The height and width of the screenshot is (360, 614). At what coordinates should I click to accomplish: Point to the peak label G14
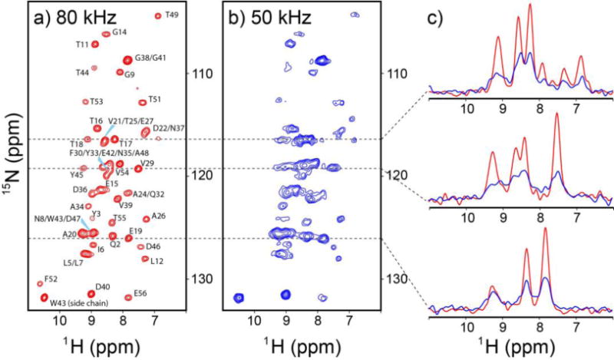click(119, 32)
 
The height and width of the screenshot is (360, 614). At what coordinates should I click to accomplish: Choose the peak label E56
click(139, 292)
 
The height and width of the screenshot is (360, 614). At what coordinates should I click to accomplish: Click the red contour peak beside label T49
click(158, 15)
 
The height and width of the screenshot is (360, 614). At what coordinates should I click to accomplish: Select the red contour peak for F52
click(40, 284)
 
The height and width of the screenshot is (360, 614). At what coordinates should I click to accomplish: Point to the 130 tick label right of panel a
click(203, 278)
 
